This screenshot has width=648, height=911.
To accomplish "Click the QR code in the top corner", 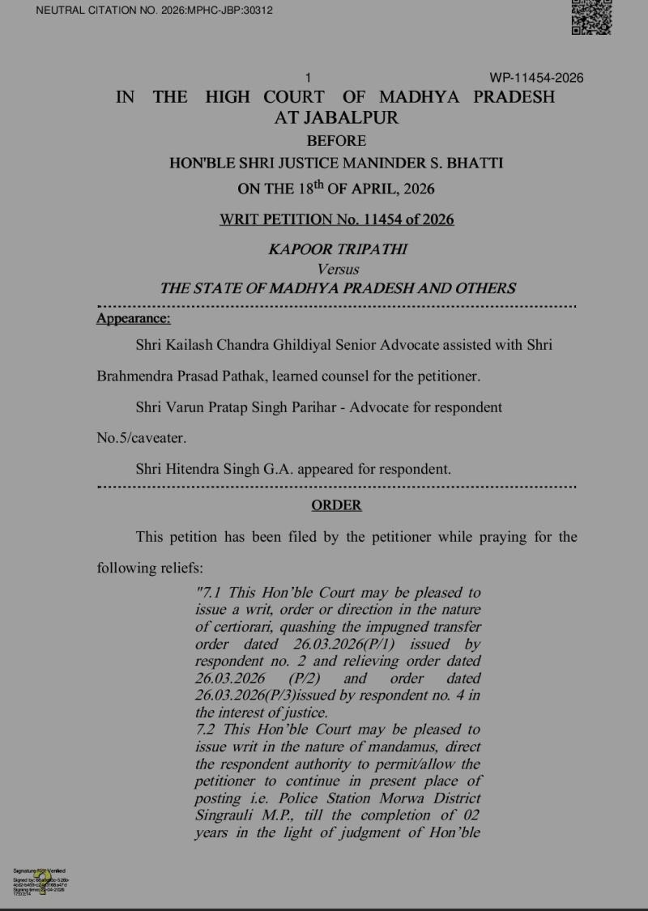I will [591, 17].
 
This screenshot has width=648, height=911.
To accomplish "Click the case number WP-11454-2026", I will [536, 78].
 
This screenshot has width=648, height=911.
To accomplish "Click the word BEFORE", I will [336, 141].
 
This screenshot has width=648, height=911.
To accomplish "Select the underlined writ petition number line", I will [336, 219].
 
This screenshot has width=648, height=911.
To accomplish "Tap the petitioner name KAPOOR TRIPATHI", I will [338, 249].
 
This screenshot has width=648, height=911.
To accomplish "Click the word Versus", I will [338, 269].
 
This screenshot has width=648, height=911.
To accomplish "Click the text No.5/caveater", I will [141, 438].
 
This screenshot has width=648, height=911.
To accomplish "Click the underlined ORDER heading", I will [336, 505].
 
